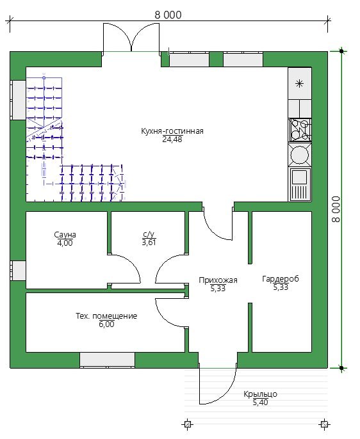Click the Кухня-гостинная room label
[x=172, y=131]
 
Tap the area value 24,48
[x=172, y=140]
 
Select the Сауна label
[x=65, y=235]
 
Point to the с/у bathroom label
[x=149, y=234]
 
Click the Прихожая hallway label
[x=218, y=280]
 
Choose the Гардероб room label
[x=281, y=279]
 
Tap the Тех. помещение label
[x=106, y=316]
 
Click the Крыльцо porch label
[x=260, y=394]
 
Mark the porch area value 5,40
[x=260, y=403]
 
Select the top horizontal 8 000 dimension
[x=168, y=15]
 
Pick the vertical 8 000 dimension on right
[x=336, y=209]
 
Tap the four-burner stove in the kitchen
[x=300, y=130]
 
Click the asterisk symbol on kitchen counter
[x=300, y=83]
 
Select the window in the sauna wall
[x=19, y=271]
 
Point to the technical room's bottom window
[x=108, y=360]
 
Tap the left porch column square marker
[x=188, y=424]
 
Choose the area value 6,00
[x=106, y=324]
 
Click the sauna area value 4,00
[x=65, y=243]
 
